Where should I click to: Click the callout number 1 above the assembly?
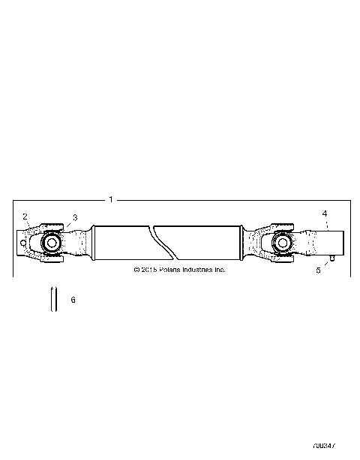click(x=111, y=200)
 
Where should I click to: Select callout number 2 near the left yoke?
click(x=25, y=216)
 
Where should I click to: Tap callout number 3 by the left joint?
click(x=74, y=217)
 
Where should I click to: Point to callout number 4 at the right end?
click(x=325, y=214)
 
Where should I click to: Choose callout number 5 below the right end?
click(x=318, y=270)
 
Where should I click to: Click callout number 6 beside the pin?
click(x=73, y=300)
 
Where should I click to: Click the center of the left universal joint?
click(x=51, y=243)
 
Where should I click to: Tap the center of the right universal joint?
click(x=283, y=243)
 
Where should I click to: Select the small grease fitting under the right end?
click(x=331, y=259)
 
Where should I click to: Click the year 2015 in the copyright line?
click(x=148, y=270)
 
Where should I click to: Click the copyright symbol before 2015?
click(x=136, y=270)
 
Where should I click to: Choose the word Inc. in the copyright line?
click(x=219, y=270)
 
